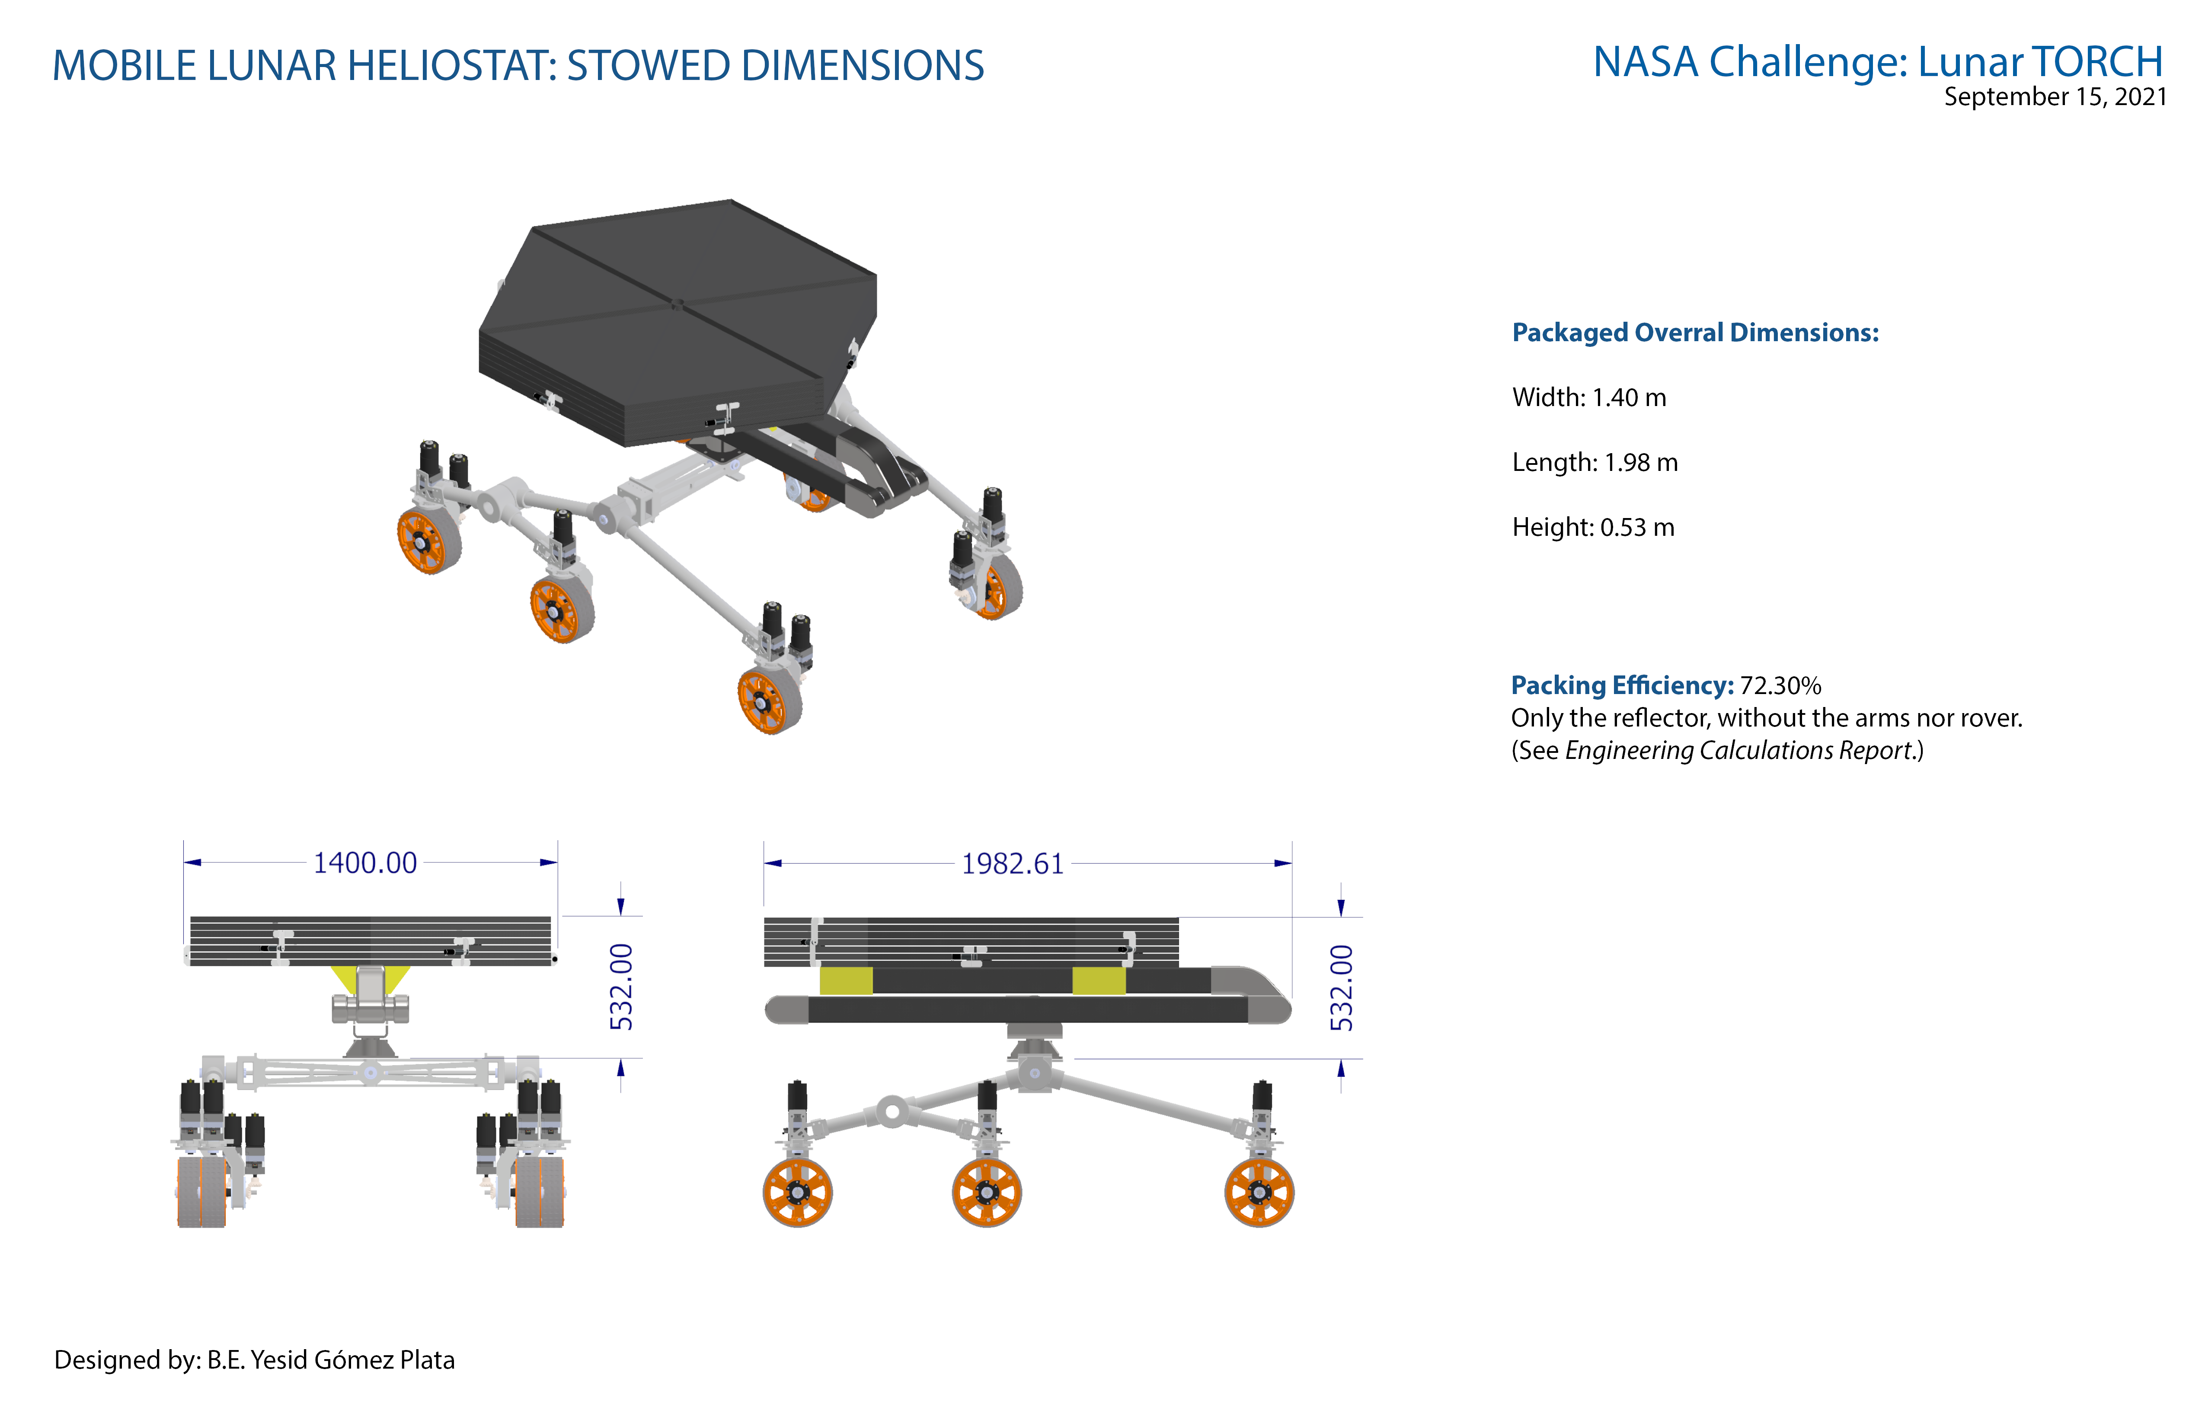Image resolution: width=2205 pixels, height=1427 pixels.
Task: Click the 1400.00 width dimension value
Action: pyautogui.click(x=365, y=863)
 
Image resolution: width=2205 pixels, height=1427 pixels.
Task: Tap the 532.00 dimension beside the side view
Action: pyautogui.click(x=1342, y=988)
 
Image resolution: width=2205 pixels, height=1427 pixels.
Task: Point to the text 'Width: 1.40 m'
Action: pyautogui.click(x=1589, y=397)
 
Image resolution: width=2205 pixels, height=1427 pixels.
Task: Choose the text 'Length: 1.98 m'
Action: pyautogui.click(x=1595, y=462)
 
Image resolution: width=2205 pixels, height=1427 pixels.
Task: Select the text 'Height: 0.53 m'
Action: pyautogui.click(x=1593, y=527)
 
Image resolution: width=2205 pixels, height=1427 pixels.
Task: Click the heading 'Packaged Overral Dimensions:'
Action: pyautogui.click(x=1695, y=333)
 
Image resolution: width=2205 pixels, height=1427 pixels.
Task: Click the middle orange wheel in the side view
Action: pyautogui.click(x=987, y=1193)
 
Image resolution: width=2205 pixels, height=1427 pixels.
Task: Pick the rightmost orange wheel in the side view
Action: pyautogui.click(x=1259, y=1193)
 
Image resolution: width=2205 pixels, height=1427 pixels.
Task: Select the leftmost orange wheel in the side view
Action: pyautogui.click(x=798, y=1193)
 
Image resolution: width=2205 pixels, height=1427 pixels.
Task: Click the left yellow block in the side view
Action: pyautogui.click(x=846, y=980)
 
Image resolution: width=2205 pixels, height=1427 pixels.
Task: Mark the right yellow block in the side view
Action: pyautogui.click(x=1099, y=980)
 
